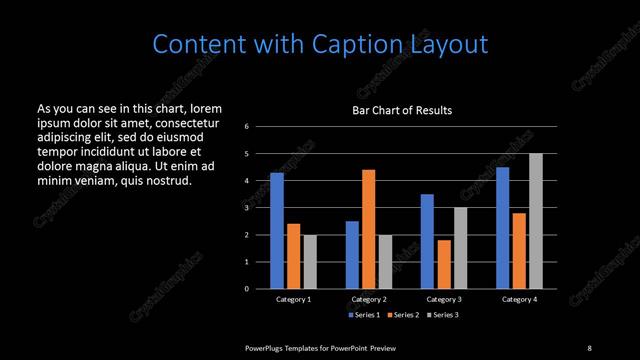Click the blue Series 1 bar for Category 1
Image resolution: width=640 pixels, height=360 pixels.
(277, 231)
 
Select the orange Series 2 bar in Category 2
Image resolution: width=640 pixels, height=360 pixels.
(369, 229)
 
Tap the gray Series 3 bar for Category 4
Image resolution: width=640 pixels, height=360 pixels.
(536, 221)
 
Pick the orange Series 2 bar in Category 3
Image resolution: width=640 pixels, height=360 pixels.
(444, 264)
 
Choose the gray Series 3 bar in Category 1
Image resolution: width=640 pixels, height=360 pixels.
(310, 262)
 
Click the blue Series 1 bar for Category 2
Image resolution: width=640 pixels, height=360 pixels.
(352, 255)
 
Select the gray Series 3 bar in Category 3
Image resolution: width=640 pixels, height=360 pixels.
(461, 248)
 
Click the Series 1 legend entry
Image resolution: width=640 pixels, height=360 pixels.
(364, 316)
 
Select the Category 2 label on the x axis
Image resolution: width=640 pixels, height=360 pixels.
(369, 299)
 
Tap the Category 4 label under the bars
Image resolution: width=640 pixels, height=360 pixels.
(519, 299)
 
